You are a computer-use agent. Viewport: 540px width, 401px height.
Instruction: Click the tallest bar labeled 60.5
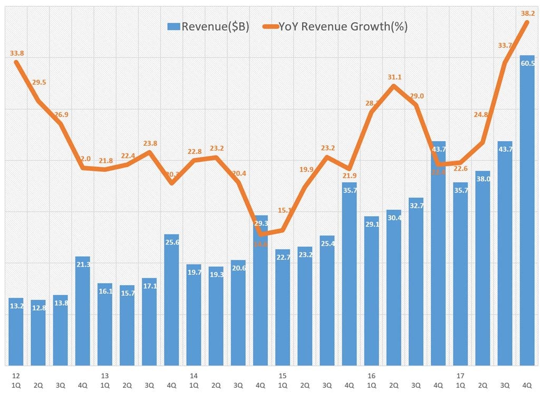tap(527, 211)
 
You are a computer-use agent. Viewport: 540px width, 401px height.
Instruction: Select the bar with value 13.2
tap(16, 332)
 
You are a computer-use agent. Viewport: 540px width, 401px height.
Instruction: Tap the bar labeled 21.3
tap(82, 311)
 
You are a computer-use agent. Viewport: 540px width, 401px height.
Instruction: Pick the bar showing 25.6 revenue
tap(171, 300)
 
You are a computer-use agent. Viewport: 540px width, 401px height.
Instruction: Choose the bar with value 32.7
tap(416, 282)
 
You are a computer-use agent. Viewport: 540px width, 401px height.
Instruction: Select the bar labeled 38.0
tap(483, 269)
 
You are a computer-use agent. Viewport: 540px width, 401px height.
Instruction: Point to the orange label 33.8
tap(17, 53)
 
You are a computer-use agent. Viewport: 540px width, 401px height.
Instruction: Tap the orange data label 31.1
tap(394, 77)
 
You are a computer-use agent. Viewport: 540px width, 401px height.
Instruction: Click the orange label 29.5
tap(39, 82)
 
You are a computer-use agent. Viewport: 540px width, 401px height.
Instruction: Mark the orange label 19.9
tap(305, 169)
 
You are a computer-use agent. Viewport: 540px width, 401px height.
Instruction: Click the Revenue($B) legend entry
tap(208, 27)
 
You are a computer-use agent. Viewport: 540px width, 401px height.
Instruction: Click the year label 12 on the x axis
tap(16, 376)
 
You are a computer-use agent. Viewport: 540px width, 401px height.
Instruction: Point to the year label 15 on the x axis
tap(282, 376)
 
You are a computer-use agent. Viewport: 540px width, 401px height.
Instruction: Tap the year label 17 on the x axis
tap(460, 376)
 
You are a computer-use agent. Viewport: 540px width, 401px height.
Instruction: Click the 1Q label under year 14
tap(194, 385)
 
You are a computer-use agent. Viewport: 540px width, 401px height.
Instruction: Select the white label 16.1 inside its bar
tap(104, 291)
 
